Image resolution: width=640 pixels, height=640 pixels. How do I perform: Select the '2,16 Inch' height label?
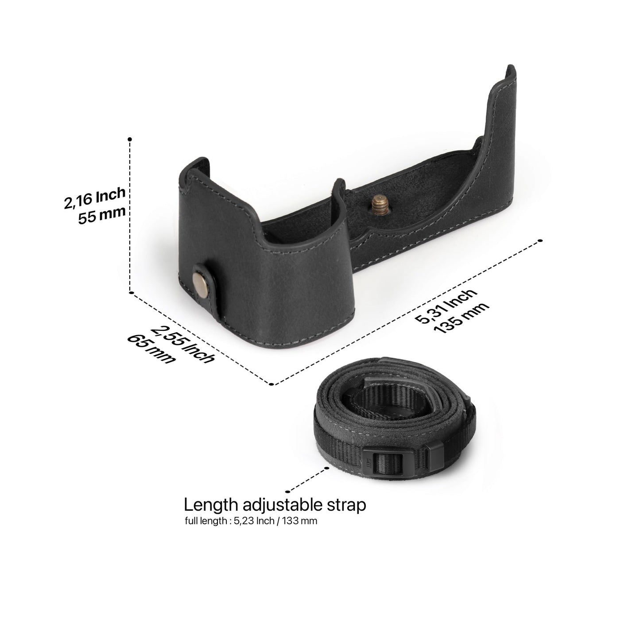click(95, 198)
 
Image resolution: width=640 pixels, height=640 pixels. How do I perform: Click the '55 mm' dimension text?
click(101, 216)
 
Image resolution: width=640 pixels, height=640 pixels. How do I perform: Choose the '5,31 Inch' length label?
click(446, 306)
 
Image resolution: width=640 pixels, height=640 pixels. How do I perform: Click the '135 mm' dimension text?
click(462, 318)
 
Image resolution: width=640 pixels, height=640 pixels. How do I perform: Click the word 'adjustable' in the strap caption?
click(282, 506)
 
